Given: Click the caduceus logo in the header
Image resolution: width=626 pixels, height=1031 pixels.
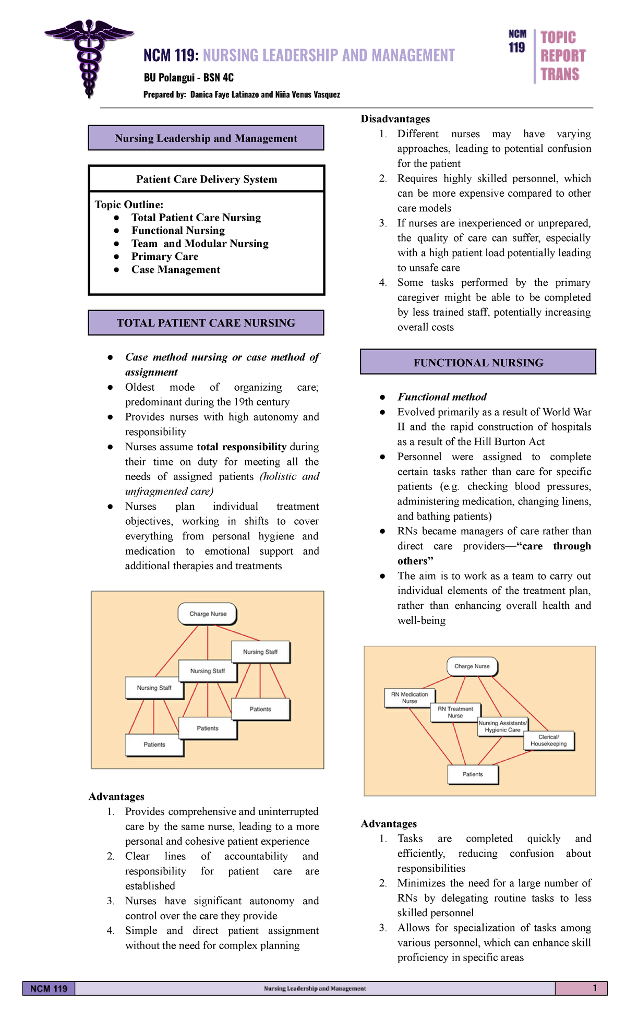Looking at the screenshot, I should [x=89, y=57].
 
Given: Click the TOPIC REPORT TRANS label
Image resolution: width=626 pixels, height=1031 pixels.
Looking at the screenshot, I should [x=562, y=56].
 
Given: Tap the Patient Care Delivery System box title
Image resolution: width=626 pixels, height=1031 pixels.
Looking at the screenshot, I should [x=207, y=179].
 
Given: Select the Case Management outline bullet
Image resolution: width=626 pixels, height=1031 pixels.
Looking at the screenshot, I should [x=175, y=270].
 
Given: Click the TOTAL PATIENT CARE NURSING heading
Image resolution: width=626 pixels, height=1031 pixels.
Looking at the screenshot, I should [x=206, y=323].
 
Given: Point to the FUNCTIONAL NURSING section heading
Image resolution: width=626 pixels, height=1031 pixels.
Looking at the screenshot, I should [x=478, y=363].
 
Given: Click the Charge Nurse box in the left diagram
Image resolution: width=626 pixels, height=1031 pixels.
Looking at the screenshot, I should [x=208, y=614].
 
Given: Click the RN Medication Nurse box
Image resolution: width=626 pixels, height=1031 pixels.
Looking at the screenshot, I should [x=410, y=698].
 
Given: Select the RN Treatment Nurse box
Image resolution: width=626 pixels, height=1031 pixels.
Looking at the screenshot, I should [x=455, y=713].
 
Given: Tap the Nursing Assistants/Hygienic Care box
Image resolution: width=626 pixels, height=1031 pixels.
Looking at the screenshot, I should [x=502, y=727].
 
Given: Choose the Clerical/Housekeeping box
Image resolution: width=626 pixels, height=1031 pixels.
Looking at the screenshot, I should [x=548, y=741].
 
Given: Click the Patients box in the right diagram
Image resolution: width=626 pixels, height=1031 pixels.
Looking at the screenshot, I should [x=473, y=774].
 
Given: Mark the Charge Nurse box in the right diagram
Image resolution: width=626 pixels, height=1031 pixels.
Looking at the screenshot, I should [x=472, y=666].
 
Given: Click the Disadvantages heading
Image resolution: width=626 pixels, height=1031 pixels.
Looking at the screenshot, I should [x=395, y=119].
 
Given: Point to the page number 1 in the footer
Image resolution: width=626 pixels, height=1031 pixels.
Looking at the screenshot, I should [x=595, y=988].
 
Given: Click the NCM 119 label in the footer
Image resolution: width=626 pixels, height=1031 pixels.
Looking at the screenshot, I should [x=49, y=989].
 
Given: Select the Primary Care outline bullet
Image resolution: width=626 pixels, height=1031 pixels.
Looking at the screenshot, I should [x=165, y=257].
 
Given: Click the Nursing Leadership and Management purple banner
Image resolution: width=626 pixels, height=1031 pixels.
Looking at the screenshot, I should [x=206, y=138].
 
